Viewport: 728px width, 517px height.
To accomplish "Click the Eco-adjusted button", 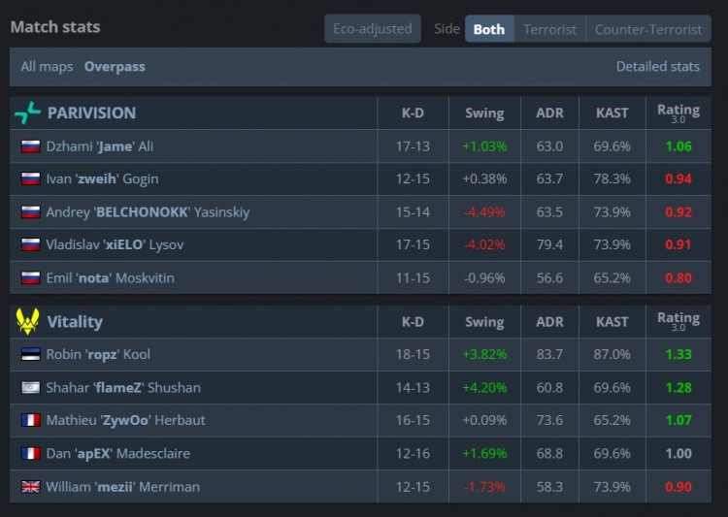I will pyautogui.click(x=373, y=29).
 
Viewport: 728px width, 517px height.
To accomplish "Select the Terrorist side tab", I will pyautogui.click(x=549, y=29).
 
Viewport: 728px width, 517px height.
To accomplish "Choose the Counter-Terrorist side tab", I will pyautogui.click(x=648, y=29).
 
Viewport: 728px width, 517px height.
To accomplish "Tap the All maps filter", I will pyautogui.click(x=48, y=67).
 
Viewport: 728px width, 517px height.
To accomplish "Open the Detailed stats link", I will pyautogui.click(x=657, y=67).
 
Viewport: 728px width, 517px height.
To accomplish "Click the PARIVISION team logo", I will pyautogui.click(x=27, y=113).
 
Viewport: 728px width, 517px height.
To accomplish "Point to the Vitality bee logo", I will pyautogui.click(x=27, y=321).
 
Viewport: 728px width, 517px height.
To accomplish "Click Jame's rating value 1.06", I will pyautogui.click(x=678, y=146).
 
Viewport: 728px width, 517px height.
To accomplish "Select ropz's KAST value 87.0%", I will pyautogui.click(x=612, y=355).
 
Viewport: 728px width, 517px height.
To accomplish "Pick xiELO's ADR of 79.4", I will pyautogui.click(x=549, y=245).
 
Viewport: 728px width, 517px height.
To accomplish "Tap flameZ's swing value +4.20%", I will pyautogui.click(x=484, y=388).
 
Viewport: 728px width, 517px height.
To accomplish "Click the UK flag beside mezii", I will pyautogui.click(x=30, y=487).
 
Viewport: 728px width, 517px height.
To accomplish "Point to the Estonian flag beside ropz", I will pyautogui.click(x=30, y=355).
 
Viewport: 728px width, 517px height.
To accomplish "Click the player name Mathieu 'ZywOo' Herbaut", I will pyautogui.click(x=125, y=421).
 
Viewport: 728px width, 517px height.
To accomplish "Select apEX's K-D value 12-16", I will pyautogui.click(x=413, y=454).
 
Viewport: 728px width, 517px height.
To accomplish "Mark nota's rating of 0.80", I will pyautogui.click(x=678, y=278).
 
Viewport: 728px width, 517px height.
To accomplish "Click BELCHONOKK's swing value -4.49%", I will pyautogui.click(x=484, y=212).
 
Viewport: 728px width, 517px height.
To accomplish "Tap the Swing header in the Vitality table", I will pyautogui.click(x=484, y=322).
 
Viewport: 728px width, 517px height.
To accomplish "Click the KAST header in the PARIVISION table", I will pyautogui.click(x=612, y=113).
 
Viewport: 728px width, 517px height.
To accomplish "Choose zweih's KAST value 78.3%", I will pyautogui.click(x=612, y=179).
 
